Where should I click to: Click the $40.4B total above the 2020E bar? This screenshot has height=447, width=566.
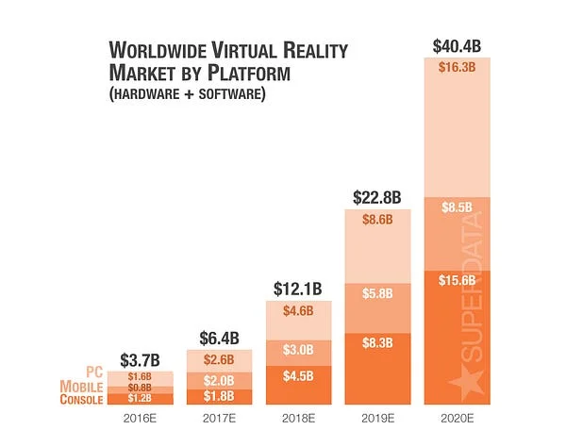pyautogui.click(x=457, y=45)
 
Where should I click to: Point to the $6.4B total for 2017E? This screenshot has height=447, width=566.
pyautogui.click(x=219, y=337)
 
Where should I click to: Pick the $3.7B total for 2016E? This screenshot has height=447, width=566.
pyautogui.click(x=140, y=359)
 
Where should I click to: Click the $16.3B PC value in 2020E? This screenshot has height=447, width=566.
pyautogui.click(x=457, y=67)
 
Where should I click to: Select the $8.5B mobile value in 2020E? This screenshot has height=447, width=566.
pyautogui.click(x=457, y=207)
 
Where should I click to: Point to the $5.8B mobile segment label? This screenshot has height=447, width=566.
pyautogui.click(x=377, y=293)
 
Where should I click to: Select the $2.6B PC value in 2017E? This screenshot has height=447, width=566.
pyautogui.click(x=219, y=358)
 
